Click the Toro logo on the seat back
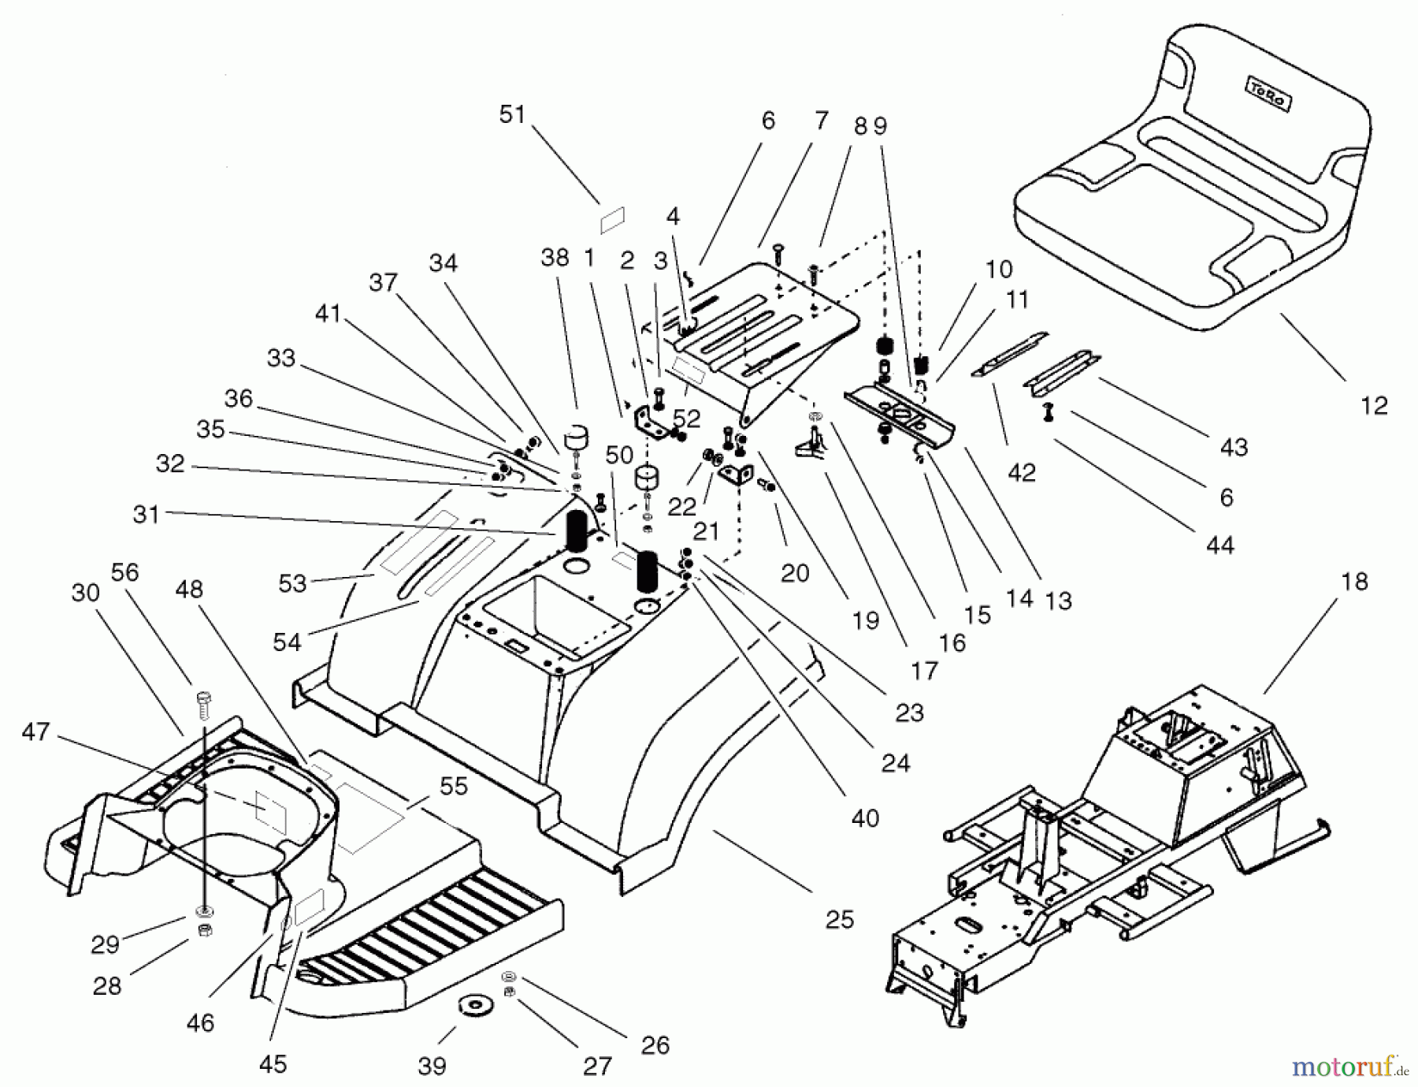(x=1267, y=95)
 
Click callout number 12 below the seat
(x=1373, y=406)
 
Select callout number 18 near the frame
(x=1354, y=583)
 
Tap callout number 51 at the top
(x=512, y=115)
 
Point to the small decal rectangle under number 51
(x=612, y=220)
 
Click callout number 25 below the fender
(x=839, y=919)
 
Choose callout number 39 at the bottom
(x=432, y=1066)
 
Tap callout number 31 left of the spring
(x=147, y=515)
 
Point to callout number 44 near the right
(x=1219, y=544)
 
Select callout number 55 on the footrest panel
(x=454, y=787)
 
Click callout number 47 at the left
(x=35, y=731)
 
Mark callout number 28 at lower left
(x=107, y=985)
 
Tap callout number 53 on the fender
(x=292, y=583)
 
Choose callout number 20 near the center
(x=795, y=573)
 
